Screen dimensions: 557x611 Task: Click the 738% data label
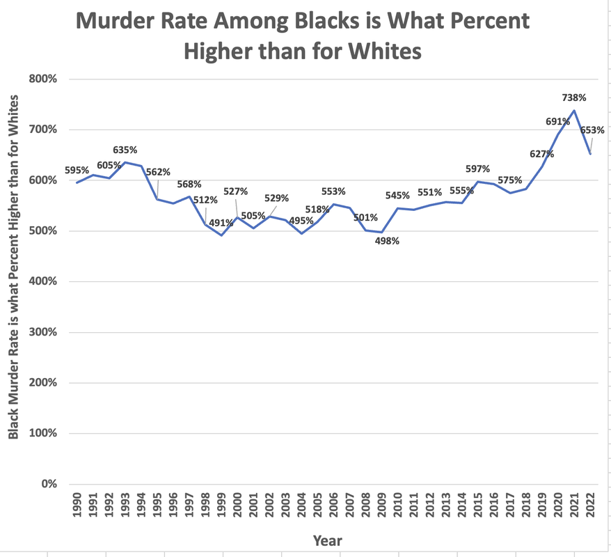(x=574, y=98)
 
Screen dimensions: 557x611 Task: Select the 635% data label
(x=125, y=150)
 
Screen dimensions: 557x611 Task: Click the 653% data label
(x=592, y=130)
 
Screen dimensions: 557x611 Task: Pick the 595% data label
(x=77, y=170)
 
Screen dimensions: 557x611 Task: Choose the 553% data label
(x=333, y=191)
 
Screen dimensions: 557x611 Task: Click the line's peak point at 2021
(x=574, y=111)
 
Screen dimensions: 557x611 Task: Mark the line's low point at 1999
(x=222, y=235)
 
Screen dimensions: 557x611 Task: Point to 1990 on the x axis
(x=77, y=505)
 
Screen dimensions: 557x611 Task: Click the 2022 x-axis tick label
(x=590, y=505)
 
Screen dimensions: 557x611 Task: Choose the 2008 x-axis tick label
(x=365, y=505)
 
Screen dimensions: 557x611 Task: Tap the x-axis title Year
(x=327, y=540)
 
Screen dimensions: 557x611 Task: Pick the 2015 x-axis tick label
(x=478, y=505)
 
